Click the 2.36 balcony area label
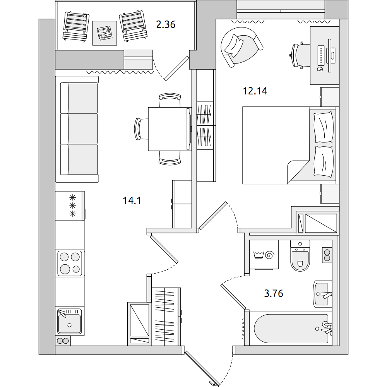click(166, 25)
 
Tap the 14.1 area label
click(132, 200)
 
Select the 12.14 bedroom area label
click(255, 91)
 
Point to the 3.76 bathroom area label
click(274, 293)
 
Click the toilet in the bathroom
click(300, 256)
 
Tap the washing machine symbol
click(264, 255)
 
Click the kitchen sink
click(70, 321)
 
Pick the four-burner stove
click(70, 263)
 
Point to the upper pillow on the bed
click(323, 127)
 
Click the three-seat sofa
click(77, 129)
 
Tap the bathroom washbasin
click(322, 294)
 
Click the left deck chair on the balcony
click(76, 26)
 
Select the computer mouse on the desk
click(320, 69)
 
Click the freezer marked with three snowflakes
click(70, 205)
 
